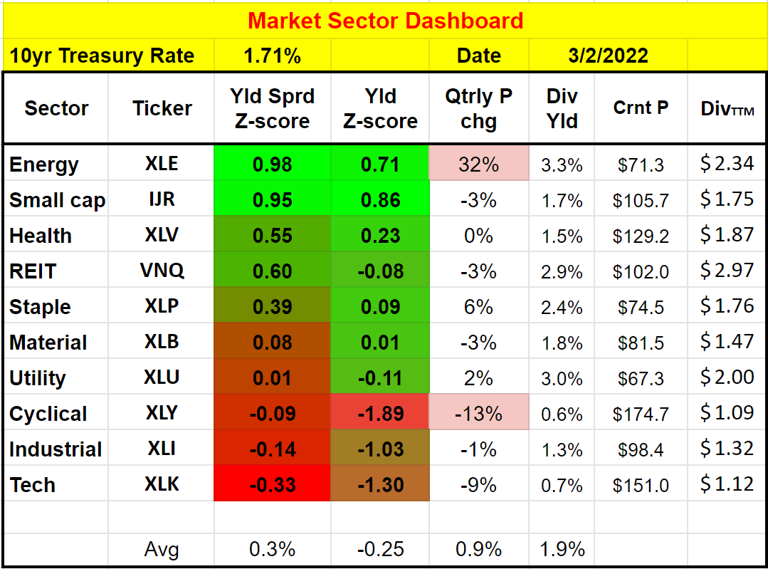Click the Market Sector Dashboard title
click(385, 20)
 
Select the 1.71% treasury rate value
click(272, 56)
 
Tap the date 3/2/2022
click(608, 56)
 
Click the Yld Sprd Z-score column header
click(272, 108)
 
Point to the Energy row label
click(44, 165)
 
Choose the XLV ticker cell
click(162, 235)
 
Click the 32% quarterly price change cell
click(478, 165)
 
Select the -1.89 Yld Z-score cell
click(380, 413)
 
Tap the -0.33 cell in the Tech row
click(272, 485)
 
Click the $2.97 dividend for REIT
click(727, 271)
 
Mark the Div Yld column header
click(562, 108)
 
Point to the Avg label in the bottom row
click(162, 549)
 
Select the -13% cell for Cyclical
click(478, 414)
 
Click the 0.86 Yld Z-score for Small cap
click(380, 199)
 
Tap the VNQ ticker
click(162, 271)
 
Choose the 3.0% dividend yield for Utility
click(562, 378)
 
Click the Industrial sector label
click(56, 449)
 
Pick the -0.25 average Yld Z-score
click(380, 549)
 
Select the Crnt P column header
click(641, 108)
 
